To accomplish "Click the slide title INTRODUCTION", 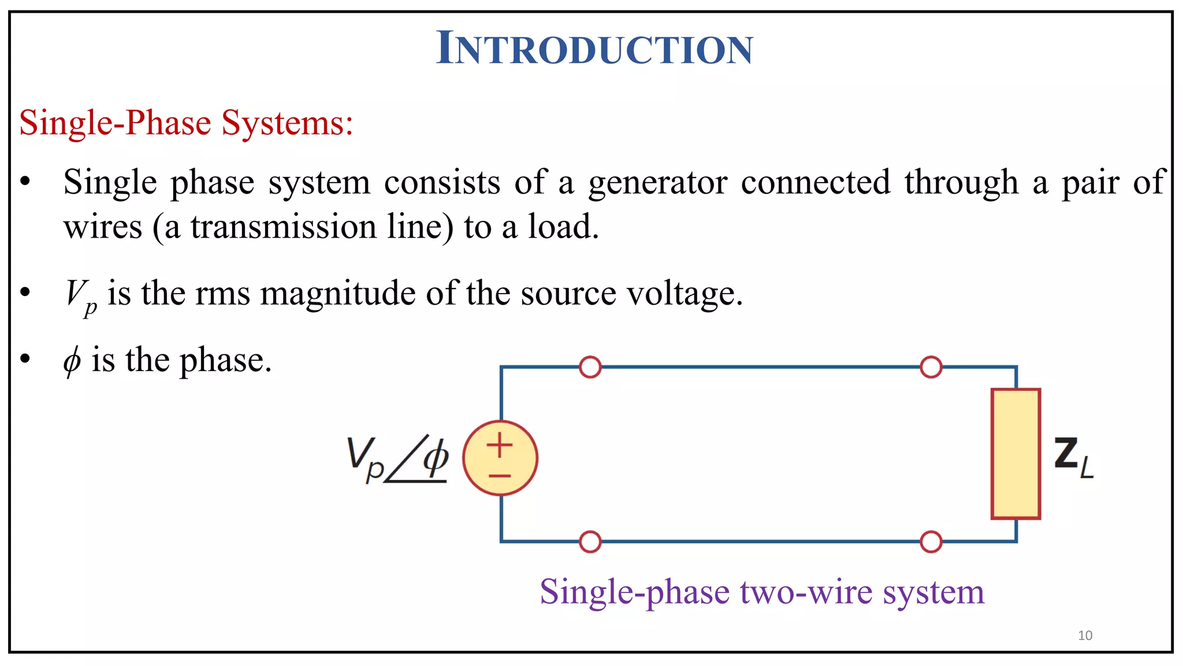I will pos(594,48).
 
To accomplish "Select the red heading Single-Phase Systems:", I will pos(186,123).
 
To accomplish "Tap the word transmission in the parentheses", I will pos(284,227).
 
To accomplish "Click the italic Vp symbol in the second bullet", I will pos(80,295).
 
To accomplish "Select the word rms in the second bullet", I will pos(222,294).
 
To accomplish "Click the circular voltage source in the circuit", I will pos(500,458).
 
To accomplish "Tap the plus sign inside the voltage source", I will pos(500,446).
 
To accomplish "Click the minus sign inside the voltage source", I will pos(500,476).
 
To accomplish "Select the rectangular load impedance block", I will pos(1015,454).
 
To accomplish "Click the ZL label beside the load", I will pos(1073,457).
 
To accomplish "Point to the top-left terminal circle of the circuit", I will pos(590,367).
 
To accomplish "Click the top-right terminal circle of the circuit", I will pos(931,367).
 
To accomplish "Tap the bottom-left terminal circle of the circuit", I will pos(590,542).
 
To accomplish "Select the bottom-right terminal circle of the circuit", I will pos(931,542).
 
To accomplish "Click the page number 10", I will pos(1085,635).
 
